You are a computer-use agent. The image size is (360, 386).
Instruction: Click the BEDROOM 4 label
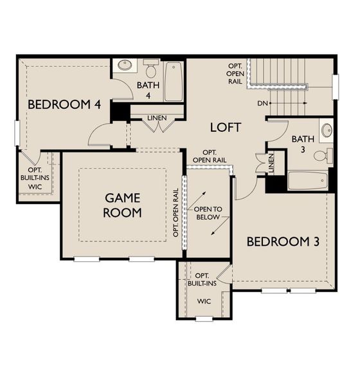point(59,104)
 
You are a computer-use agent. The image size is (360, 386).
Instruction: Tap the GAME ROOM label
point(123,205)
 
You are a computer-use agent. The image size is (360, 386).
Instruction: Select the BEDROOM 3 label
point(283,242)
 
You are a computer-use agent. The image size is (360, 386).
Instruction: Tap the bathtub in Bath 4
point(174,81)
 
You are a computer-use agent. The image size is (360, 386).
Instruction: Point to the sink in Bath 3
point(327,131)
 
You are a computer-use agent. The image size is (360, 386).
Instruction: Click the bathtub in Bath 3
point(309,180)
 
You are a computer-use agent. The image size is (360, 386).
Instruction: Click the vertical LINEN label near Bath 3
point(271,163)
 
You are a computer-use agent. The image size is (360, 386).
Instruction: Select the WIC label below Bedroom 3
point(204,300)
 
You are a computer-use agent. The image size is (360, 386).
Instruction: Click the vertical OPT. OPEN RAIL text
point(175,212)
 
